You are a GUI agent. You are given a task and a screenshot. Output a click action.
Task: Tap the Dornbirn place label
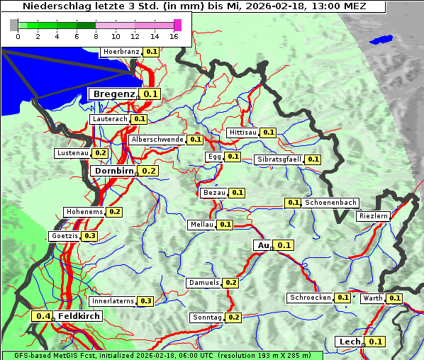113,171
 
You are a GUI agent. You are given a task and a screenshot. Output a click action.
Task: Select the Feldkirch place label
79,316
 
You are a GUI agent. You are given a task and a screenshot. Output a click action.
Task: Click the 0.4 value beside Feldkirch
43,316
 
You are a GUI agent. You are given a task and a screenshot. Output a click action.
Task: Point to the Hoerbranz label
121,52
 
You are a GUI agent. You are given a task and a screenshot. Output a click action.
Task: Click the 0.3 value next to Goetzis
89,236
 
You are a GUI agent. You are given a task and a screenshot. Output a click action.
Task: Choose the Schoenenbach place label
330,203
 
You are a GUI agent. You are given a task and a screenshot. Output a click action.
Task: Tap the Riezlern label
374,215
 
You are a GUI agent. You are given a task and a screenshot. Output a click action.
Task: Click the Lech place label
350,342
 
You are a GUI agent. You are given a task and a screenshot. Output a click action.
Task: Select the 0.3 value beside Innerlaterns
145,301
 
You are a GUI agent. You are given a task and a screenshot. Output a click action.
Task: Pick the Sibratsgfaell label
279,159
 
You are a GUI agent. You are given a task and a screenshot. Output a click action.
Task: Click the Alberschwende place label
157,140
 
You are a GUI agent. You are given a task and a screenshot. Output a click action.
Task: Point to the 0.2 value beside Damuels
230,283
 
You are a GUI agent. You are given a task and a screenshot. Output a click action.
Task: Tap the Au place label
263,245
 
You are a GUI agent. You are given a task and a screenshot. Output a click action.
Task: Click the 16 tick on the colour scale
174,36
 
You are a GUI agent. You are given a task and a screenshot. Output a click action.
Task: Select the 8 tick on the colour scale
96,36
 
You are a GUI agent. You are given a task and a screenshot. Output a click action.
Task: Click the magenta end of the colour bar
177,25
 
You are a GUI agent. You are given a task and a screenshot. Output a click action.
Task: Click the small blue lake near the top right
381,40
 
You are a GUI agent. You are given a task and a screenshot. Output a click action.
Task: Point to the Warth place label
372,298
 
